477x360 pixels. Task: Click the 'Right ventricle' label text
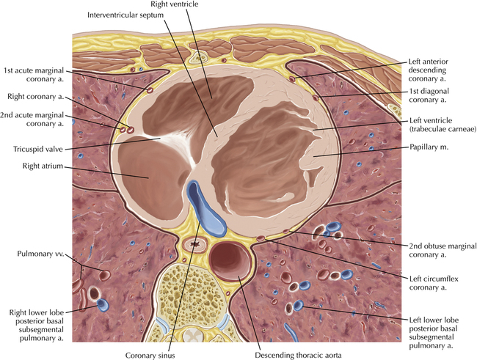[x=175, y=4]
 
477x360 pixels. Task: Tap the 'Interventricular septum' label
[x=125, y=15]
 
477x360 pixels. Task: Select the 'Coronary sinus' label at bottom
[x=150, y=355]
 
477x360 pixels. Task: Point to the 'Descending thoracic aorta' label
[x=298, y=355]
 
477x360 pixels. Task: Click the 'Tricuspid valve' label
[x=38, y=150]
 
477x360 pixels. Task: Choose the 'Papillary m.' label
[x=429, y=147]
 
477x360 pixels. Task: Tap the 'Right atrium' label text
[x=43, y=166]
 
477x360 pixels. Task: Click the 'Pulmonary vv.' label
[x=41, y=254]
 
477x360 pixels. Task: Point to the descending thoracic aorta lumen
[x=230, y=261]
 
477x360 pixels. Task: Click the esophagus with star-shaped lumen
[x=194, y=244]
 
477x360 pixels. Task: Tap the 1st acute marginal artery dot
[x=150, y=90]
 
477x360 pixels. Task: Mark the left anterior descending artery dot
[x=292, y=79]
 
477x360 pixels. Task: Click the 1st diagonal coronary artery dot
[x=316, y=98]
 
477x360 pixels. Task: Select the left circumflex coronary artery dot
[x=261, y=238]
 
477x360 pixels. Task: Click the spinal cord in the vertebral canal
[x=194, y=335]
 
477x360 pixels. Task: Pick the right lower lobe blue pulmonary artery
[x=102, y=305]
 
